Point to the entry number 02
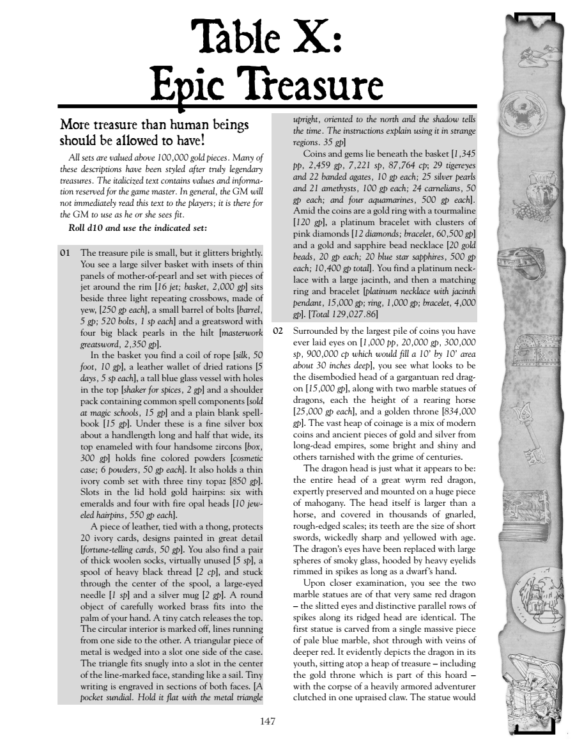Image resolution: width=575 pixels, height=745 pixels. click(x=277, y=331)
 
